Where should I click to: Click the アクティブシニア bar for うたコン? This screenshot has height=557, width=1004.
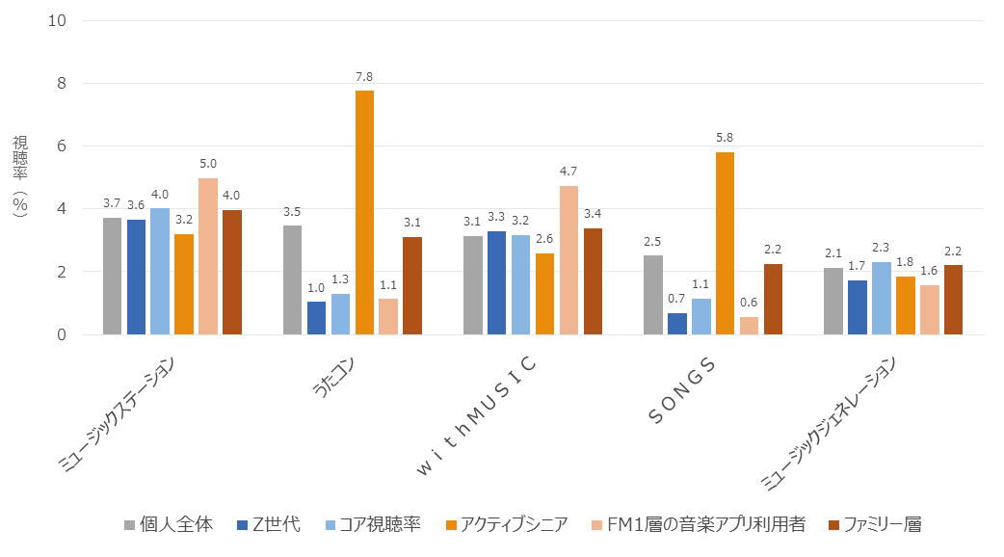pos(364,212)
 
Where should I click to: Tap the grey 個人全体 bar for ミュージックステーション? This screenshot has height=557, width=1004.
pos(112,276)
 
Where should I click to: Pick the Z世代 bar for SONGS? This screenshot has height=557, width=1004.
pos(677,324)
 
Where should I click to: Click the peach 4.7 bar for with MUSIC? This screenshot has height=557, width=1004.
pos(568,260)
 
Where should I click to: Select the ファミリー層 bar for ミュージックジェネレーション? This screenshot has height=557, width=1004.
pos(953,300)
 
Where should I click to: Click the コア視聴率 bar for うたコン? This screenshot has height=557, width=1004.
pos(341,314)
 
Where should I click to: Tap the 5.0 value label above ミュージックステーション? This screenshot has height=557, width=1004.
pos(207,163)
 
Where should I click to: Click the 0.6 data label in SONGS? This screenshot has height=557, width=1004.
pos(749,302)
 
